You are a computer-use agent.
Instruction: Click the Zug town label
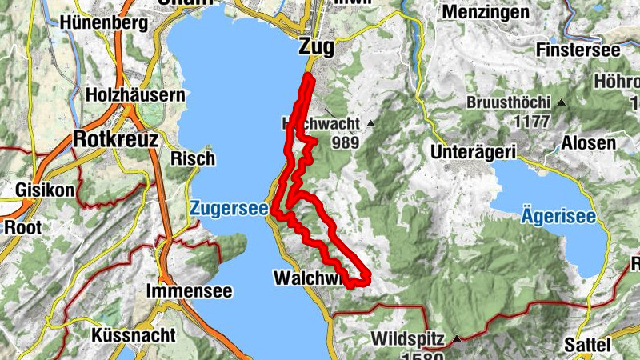click(x=314, y=47)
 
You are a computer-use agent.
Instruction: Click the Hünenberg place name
click(x=104, y=22)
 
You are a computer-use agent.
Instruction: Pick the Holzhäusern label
click(x=136, y=94)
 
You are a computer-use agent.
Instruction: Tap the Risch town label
click(x=193, y=158)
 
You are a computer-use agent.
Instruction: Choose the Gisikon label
click(x=44, y=190)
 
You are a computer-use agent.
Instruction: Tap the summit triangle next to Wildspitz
click(x=457, y=339)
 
